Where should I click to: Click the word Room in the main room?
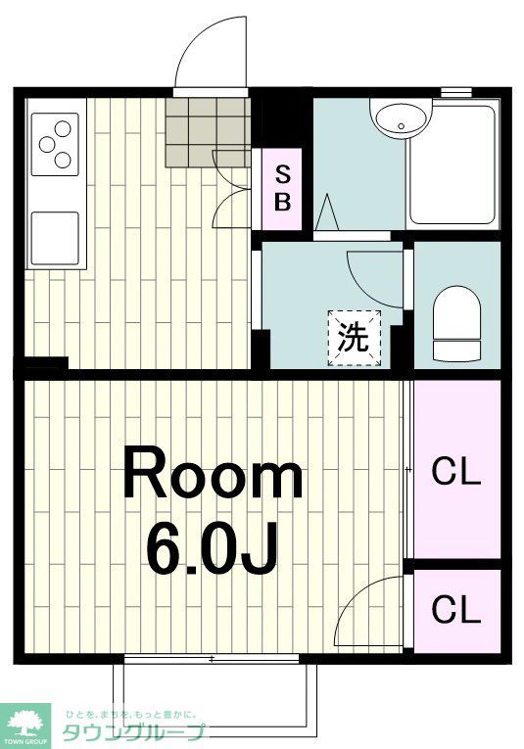tap(212, 477)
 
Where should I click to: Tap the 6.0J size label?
tap(212, 549)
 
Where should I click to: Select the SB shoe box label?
tap(282, 189)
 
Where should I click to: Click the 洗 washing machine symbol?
tap(354, 338)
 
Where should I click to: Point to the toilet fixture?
tap(456, 323)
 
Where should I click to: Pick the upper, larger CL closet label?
tap(456, 473)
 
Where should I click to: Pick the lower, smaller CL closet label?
tap(456, 610)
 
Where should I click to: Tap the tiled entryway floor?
tap(206, 131)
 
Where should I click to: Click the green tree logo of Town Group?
tap(26, 722)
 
